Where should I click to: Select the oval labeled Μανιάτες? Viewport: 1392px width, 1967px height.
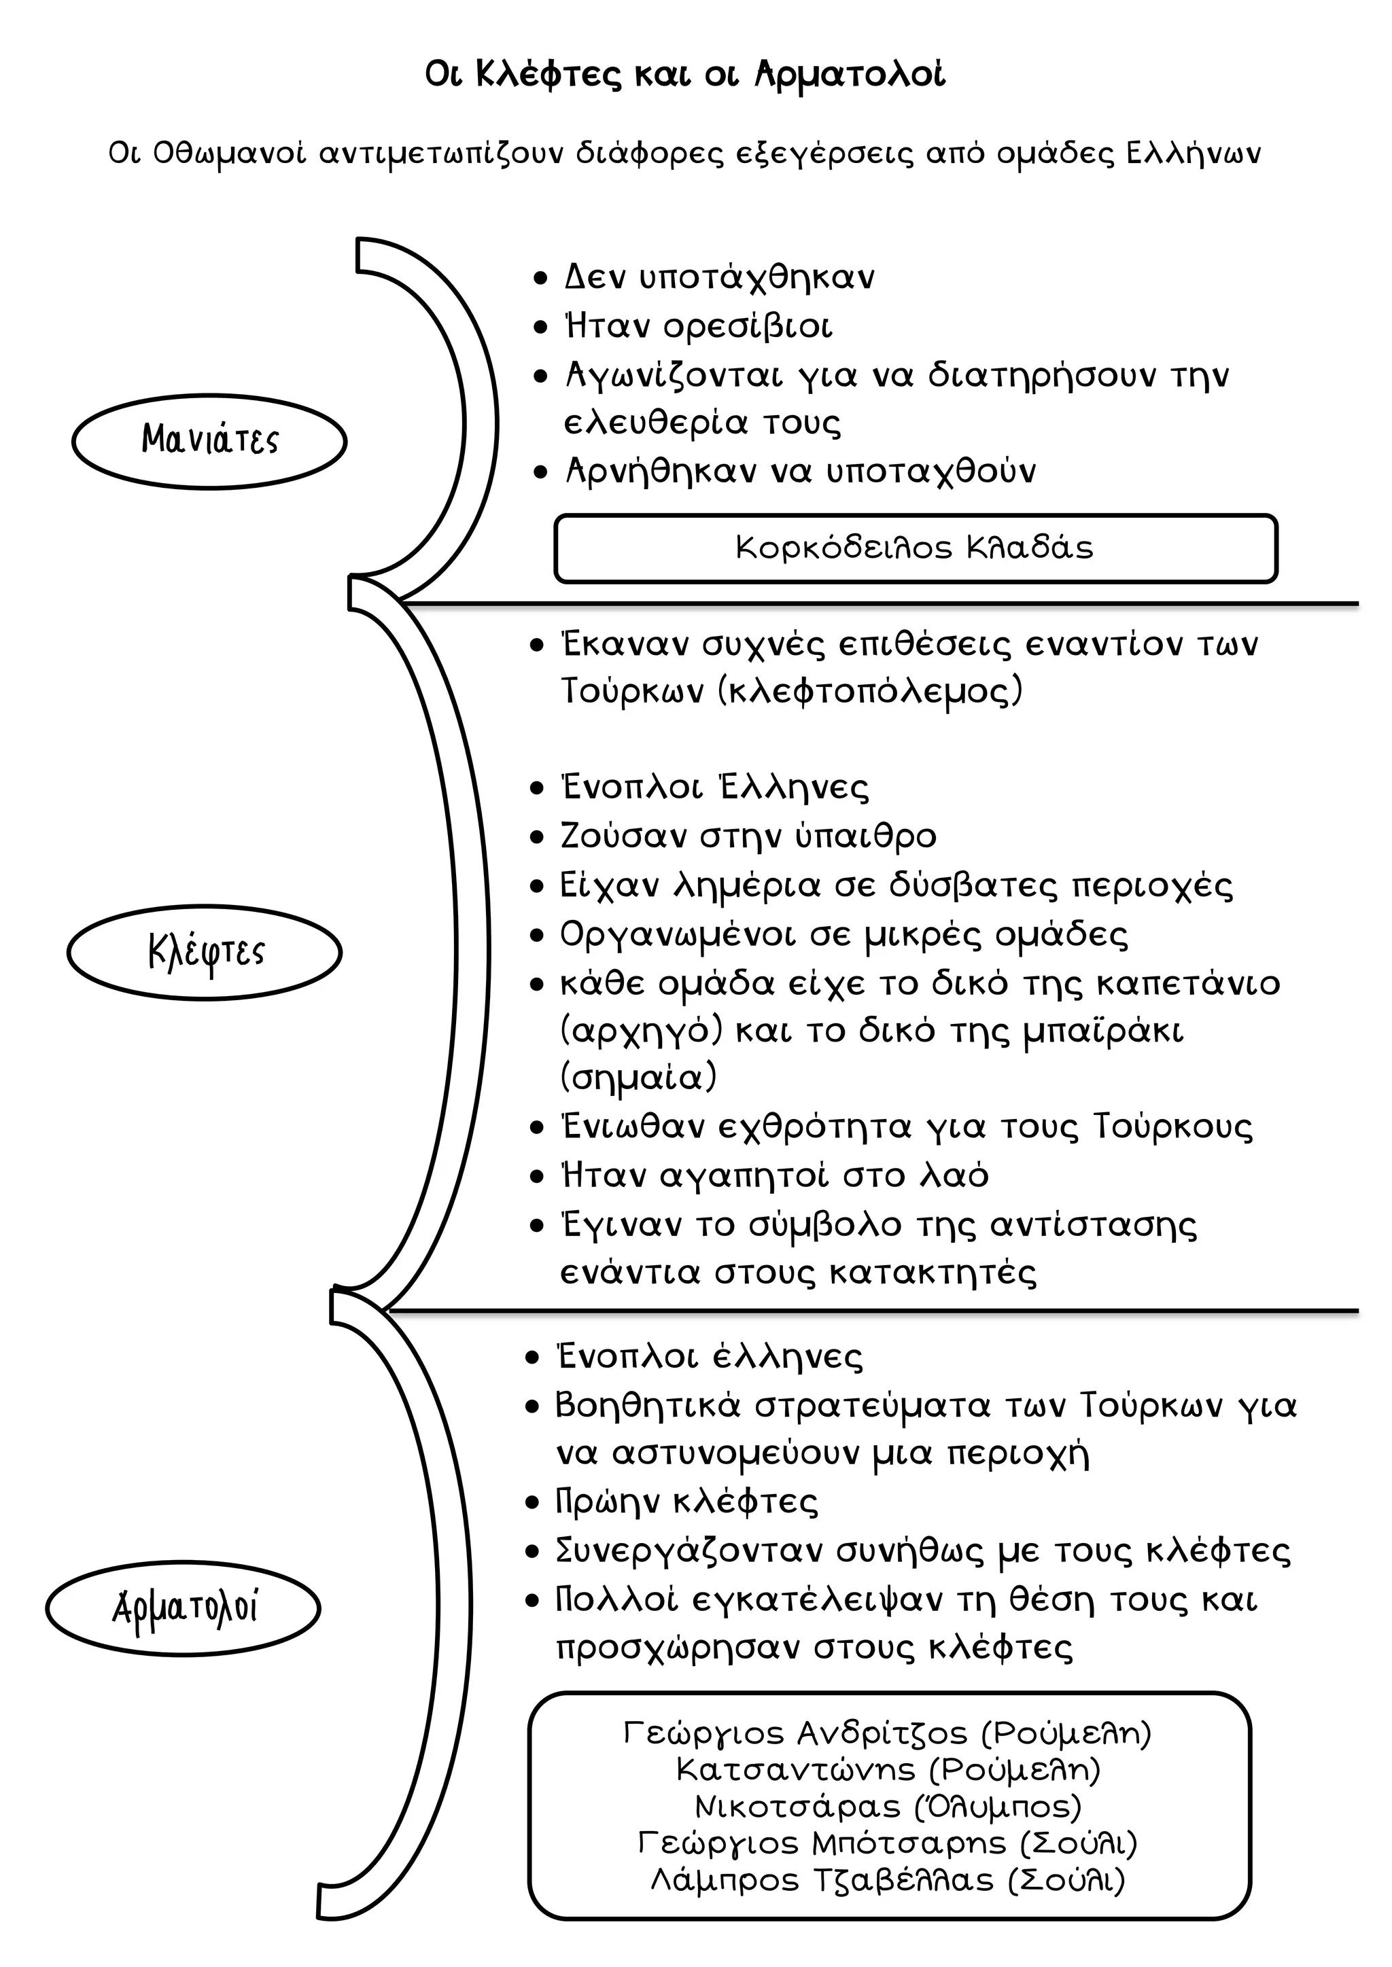tap(209, 440)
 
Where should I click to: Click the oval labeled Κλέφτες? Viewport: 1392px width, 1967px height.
tap(205, 952)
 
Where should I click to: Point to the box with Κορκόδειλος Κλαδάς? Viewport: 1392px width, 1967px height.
tap(916, 548)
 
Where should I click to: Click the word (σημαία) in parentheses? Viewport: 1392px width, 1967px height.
tap(638, 1077)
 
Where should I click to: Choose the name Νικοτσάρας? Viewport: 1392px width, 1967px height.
tap(797, 1806)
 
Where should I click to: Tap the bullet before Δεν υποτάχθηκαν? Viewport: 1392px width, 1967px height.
tap(540, 279)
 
